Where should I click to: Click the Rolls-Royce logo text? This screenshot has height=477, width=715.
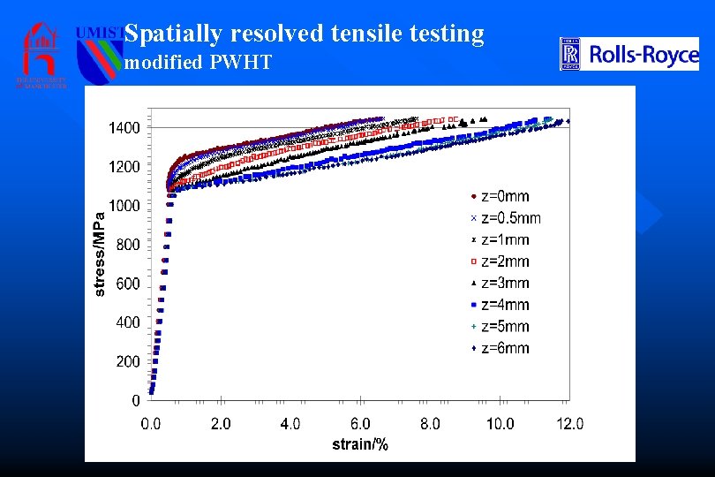pos(643,56)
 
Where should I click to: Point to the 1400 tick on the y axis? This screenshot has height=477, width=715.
pos(124,128)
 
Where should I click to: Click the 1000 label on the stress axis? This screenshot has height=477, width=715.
pos(124,206)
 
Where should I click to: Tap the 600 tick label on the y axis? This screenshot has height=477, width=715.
pos(128,284)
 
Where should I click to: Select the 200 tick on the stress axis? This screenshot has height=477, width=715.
pos(128,361)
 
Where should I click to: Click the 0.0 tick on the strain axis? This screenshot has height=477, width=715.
pos(151,424)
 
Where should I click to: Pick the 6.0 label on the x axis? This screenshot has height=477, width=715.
pos(360,424)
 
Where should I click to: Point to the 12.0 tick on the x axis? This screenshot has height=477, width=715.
pos(568,424)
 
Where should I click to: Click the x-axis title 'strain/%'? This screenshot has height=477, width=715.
pos(359,444)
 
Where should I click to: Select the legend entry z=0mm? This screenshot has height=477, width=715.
pos(500,196)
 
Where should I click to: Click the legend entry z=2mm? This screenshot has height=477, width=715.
pos(500,261)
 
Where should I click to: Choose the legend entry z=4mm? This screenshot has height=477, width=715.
pos(500,305)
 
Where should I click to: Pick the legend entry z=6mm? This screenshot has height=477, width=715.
pos(500,348)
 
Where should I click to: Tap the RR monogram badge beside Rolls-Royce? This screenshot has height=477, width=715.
pos(570,55)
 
